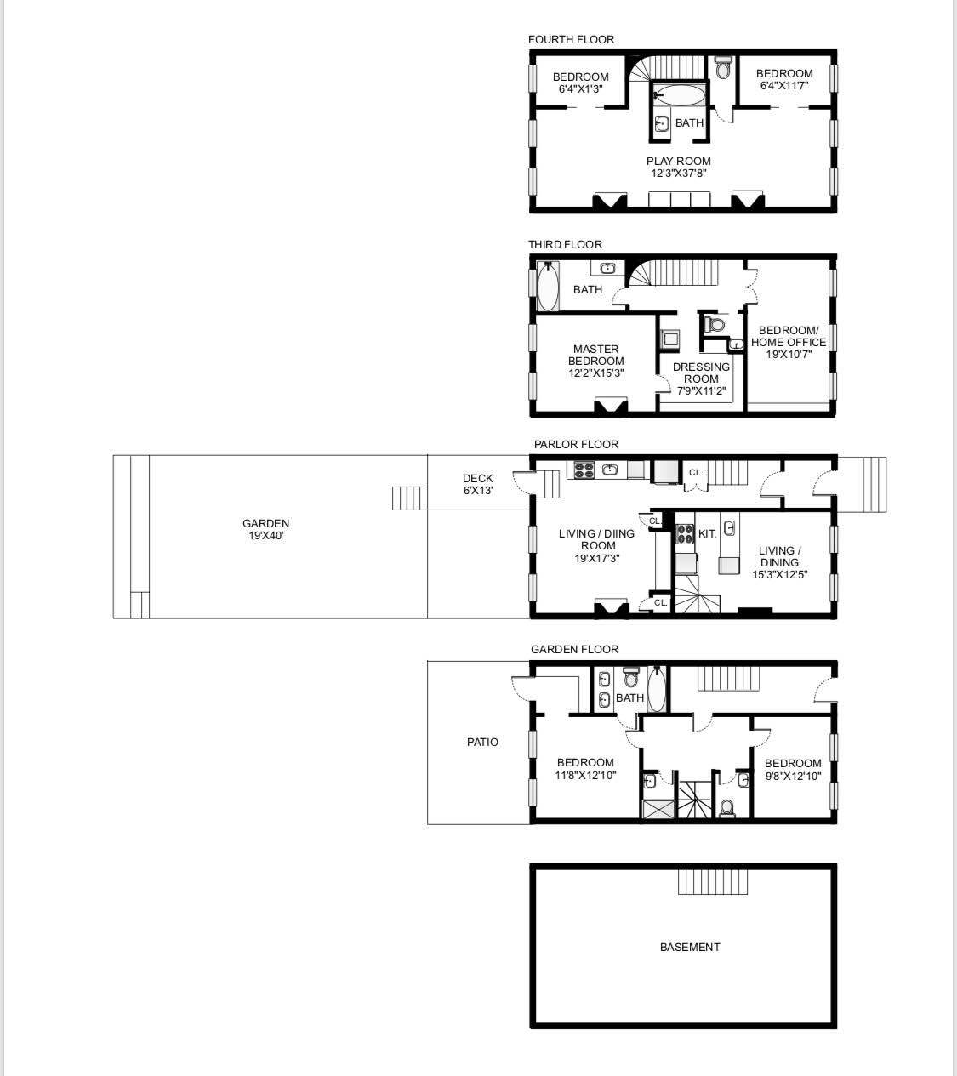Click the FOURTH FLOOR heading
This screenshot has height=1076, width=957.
pos(571,39)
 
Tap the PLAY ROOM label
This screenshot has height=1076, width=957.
pos(678,161)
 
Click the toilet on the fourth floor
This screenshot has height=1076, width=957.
pos(723,67)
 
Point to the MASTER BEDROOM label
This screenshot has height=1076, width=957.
pos(595,355)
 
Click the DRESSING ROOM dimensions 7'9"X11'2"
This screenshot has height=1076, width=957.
pos(701,391)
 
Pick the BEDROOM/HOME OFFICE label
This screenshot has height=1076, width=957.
pos(789,336)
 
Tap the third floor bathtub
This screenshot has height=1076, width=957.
pos(548,287)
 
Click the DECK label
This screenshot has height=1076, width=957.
pos(477,478)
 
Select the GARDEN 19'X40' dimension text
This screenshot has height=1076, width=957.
pos(266,535)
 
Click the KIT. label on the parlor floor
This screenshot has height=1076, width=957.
pos(707,534)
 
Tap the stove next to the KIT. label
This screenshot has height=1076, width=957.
pos(685,534)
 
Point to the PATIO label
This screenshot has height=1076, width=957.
pos(482,742)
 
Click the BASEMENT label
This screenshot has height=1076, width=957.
pos(690,947)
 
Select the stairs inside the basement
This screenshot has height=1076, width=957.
pos(713,882)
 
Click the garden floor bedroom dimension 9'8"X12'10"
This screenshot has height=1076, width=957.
pos(793,776)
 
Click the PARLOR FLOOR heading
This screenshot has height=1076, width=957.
pos(576,444)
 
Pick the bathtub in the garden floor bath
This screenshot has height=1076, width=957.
pos(657,689)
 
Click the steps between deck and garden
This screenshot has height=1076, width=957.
pos(409,498)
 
